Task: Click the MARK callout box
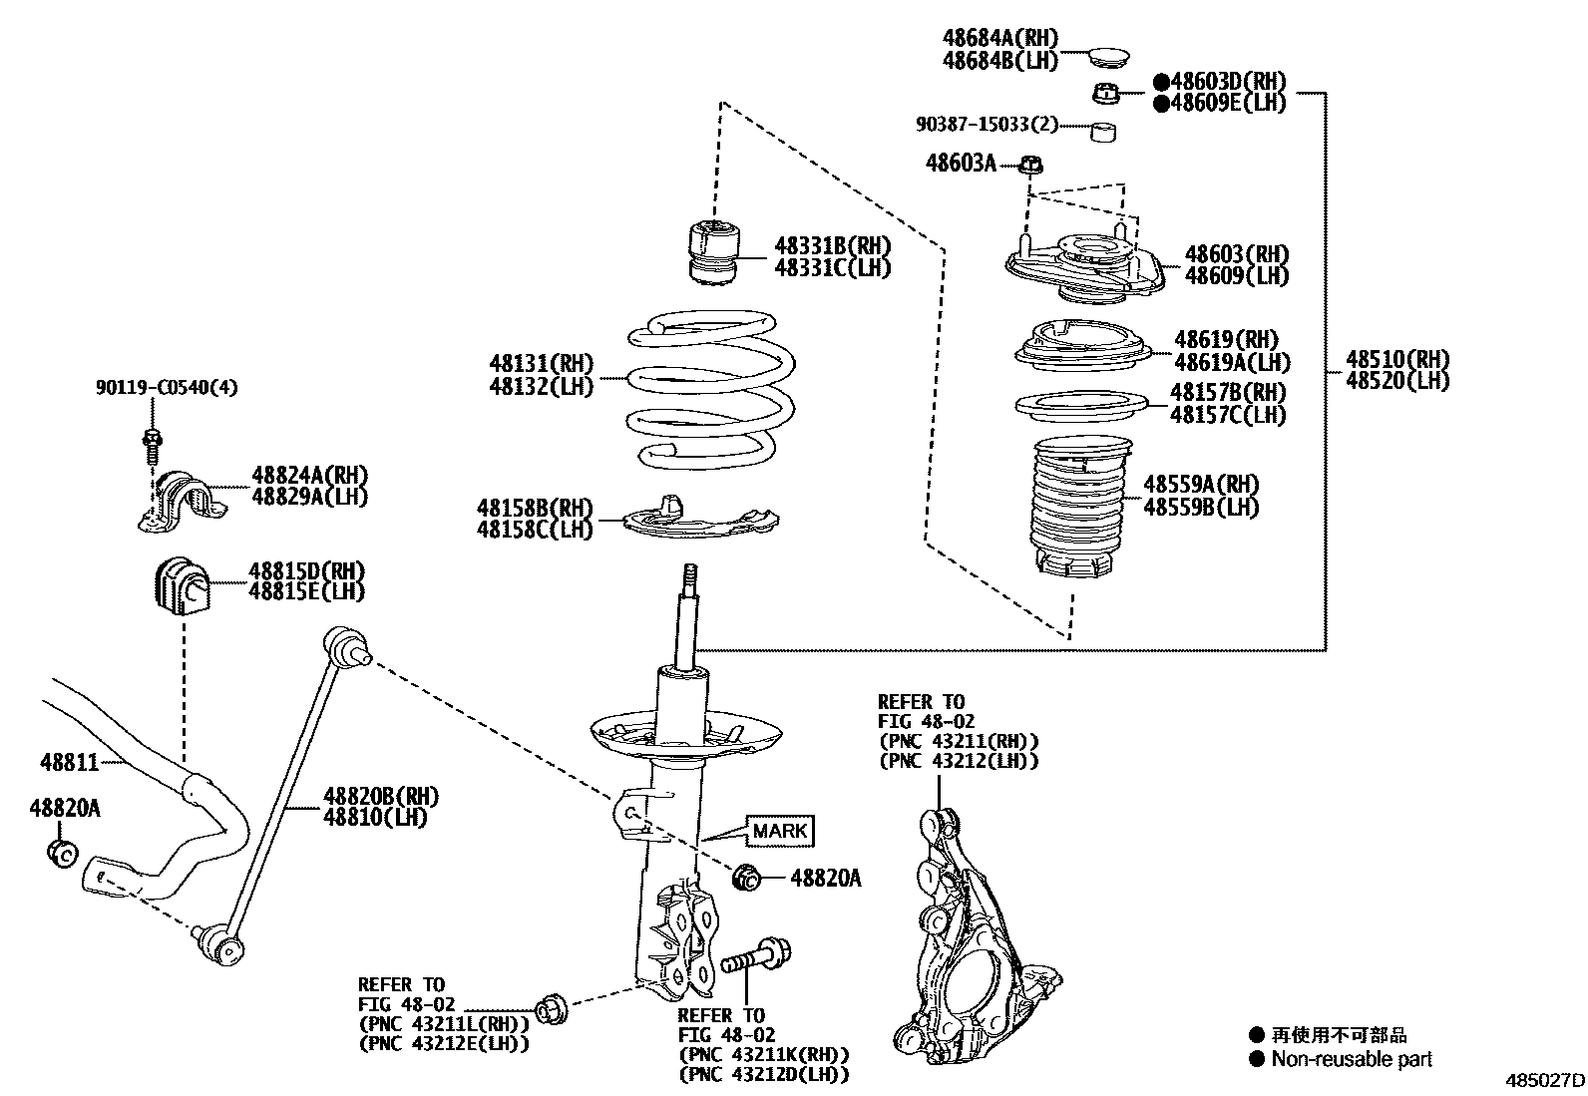point(780,830)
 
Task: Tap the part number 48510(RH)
point(1396,359)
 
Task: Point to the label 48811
point(69,763)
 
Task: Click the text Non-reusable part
point(1351,1059)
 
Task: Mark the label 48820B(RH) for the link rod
point(380,796)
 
